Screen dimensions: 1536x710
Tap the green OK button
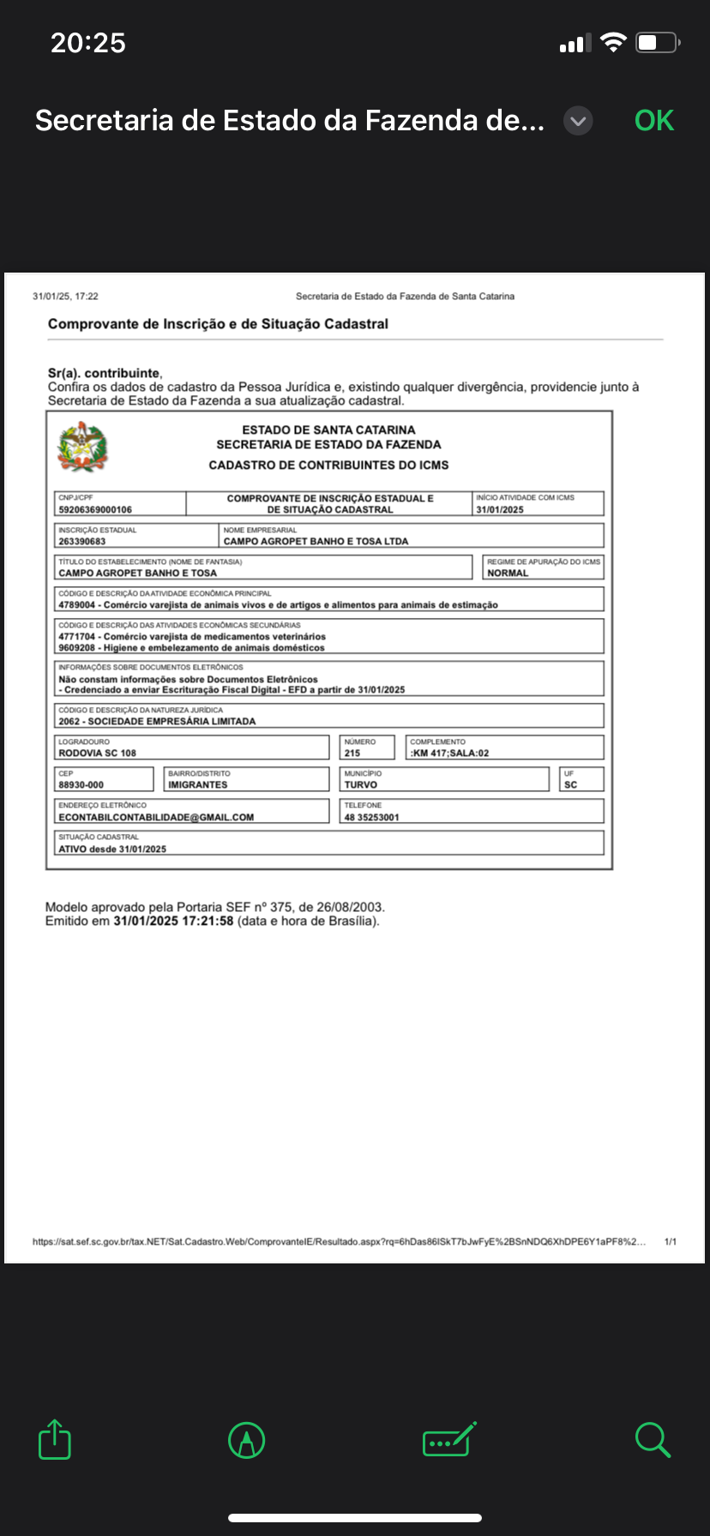(654, 121)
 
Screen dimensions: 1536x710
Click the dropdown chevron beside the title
(579, 121)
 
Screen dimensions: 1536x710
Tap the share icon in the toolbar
(55, 1440)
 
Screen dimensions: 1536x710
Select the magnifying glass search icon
(653, 1440)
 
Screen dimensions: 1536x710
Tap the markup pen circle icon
(247, 1440)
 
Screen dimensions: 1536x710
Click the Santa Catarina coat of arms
(82, 447)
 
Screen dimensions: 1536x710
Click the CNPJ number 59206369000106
(95, 509)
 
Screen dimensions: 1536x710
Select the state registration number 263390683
(82, 542)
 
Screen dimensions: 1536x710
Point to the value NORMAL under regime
(508, 573)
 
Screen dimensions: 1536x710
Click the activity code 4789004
(77, 605)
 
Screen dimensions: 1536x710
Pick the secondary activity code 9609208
(77, 648)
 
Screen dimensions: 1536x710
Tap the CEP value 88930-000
(81, 785)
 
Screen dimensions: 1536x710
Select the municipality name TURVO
(361, 785)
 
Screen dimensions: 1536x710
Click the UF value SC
(571, 785)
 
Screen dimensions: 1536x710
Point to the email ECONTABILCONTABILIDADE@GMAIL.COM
(156, 818)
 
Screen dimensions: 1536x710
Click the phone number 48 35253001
(372, 818)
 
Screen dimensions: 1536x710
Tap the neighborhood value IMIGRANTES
(198, 785)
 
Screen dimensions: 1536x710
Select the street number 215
(352, 753)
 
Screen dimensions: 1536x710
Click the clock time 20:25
(88, 43)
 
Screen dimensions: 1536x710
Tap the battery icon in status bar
(657, 43)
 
